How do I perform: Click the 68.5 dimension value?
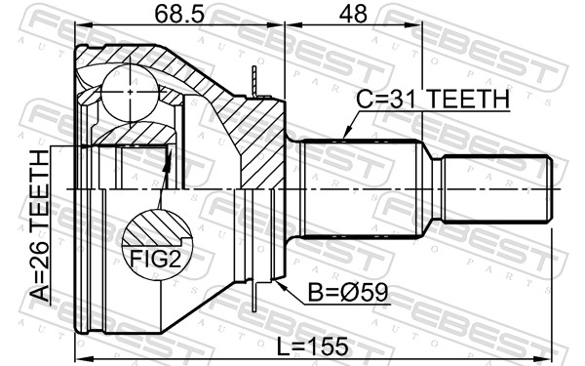point(179,14)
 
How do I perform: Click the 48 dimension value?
point(353,14)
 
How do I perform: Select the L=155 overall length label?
point(312,346)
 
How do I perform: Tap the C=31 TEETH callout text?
point(433,99)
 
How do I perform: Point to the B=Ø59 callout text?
point(348,293)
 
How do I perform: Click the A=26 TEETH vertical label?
point(39,225)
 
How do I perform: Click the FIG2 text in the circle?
point(155,259)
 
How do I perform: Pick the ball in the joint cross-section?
point(130,92)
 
